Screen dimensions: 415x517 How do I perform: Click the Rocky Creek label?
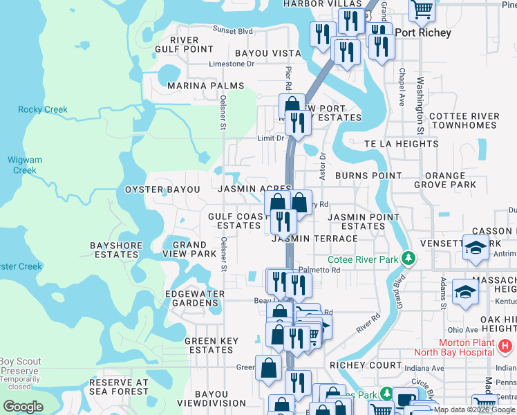43,109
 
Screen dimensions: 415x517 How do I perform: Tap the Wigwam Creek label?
25,165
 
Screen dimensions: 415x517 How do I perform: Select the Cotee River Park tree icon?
409,259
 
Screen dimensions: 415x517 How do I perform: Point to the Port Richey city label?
422,33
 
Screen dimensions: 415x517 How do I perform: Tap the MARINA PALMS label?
206,86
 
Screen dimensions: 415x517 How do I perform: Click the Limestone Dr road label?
232,64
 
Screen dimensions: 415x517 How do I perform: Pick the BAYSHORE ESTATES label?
116,250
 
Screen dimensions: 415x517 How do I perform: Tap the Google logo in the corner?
23,407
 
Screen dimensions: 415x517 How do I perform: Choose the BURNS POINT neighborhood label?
368,176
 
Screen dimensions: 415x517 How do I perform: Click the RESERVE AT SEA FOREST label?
119,387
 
